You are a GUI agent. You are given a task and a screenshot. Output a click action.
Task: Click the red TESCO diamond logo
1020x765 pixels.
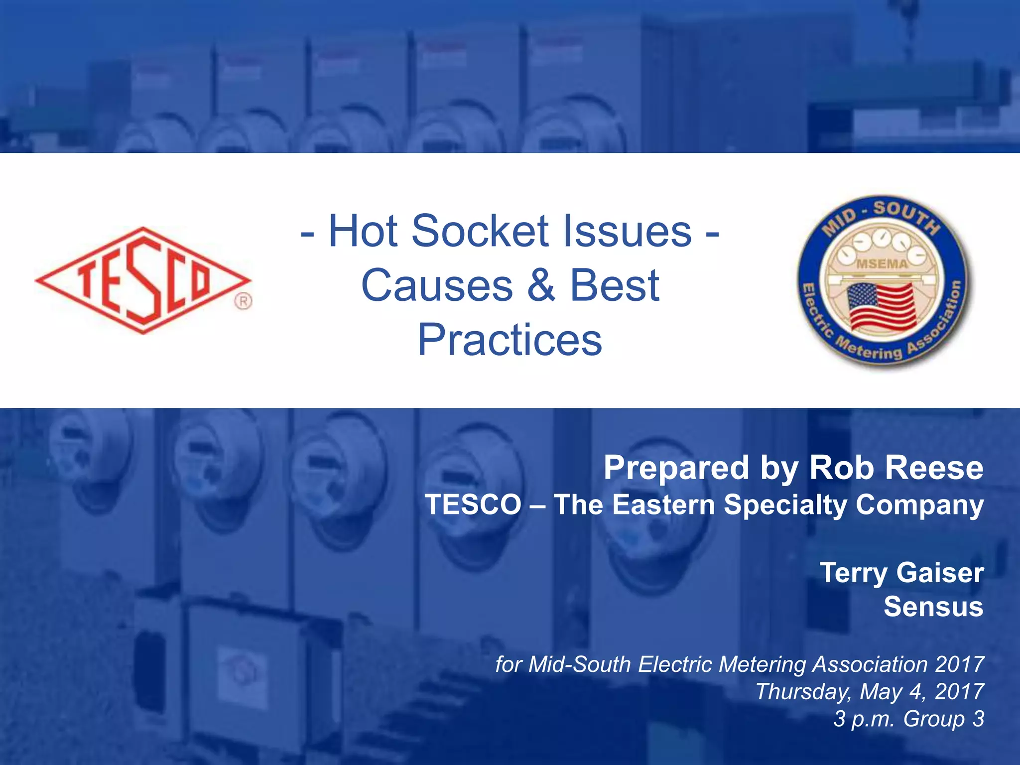click(143, 280)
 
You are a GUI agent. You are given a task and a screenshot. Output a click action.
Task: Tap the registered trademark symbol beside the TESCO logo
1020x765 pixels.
click(243, 301)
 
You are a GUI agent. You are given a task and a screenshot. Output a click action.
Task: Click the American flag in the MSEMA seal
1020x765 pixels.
click(882, 306)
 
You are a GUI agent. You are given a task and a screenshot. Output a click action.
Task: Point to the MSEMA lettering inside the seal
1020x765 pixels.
click(882, 264)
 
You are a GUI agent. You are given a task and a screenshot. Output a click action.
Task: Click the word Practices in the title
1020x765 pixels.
click(510, 340)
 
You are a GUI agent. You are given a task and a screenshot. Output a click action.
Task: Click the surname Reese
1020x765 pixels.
click(934, 468)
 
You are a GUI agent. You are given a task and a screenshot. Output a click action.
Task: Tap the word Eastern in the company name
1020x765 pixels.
click(663, 505)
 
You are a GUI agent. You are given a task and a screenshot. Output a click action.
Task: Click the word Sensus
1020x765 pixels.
click(933, 607)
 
